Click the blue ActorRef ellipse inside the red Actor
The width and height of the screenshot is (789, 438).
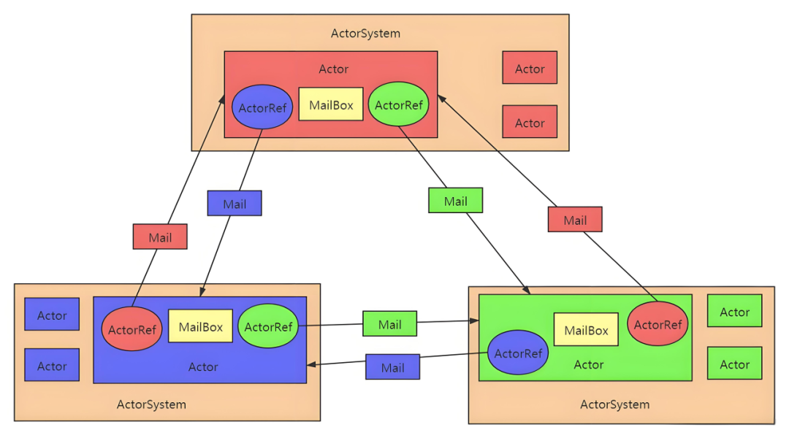coord(262,107)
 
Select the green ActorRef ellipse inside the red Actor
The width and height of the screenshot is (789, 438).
coord(399,104)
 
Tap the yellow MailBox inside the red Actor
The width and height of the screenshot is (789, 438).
coord(331,104)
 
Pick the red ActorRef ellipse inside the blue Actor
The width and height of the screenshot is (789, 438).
coord(131,329)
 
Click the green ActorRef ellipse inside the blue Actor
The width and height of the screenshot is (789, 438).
coord(268,326)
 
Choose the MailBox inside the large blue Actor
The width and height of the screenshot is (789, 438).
coord(200,326)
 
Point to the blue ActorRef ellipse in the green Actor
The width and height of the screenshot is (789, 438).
coord(518,353)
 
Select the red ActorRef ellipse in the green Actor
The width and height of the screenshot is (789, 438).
coord(657,324)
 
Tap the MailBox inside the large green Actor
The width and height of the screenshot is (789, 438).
coord(586,329)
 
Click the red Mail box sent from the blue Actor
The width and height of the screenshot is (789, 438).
coord(160,237)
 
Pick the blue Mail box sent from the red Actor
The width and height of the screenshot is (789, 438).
coord(235,203)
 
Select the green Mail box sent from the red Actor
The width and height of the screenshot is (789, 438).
coord(455,200)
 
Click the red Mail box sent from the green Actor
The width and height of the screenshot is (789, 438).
coord(575,219)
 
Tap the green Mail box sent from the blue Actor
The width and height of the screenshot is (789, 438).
coord(390,323)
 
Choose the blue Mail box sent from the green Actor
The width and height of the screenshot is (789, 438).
coord(392,366)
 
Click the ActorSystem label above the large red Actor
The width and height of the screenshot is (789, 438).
coord(366,33)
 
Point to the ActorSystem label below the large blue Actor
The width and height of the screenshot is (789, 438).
coord(151,404)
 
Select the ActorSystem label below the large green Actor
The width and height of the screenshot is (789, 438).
coord(615,404)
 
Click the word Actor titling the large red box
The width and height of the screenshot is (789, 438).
coord(334,69)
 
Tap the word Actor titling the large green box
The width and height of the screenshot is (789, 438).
coord(589,364)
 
